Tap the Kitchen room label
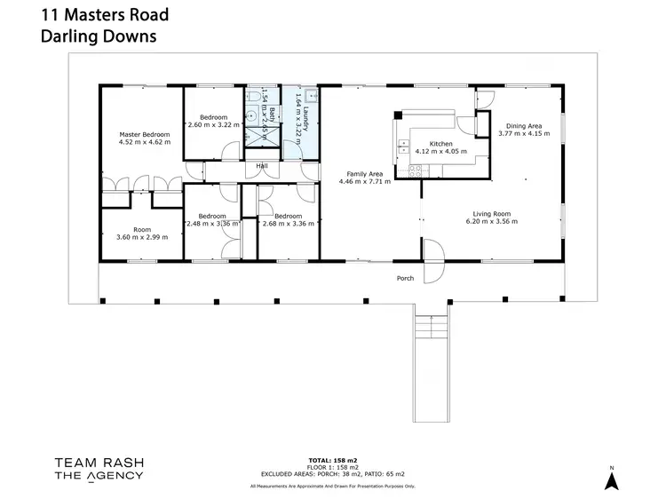pyautogui.click(x=441, y=144)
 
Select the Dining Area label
pyautogui.click(x=524, y=126)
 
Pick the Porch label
pyautogui.click(x=405, y=278)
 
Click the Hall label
pyautogui.click(x=262, y=165)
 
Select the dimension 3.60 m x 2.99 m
pyautogui.click(x=142, y=237)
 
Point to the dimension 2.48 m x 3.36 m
pyautogui.click(x=212, y=224)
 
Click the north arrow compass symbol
pyautogui.click(x=610, y=479)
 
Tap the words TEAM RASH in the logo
pyautogui.click(x=99, y=461)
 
